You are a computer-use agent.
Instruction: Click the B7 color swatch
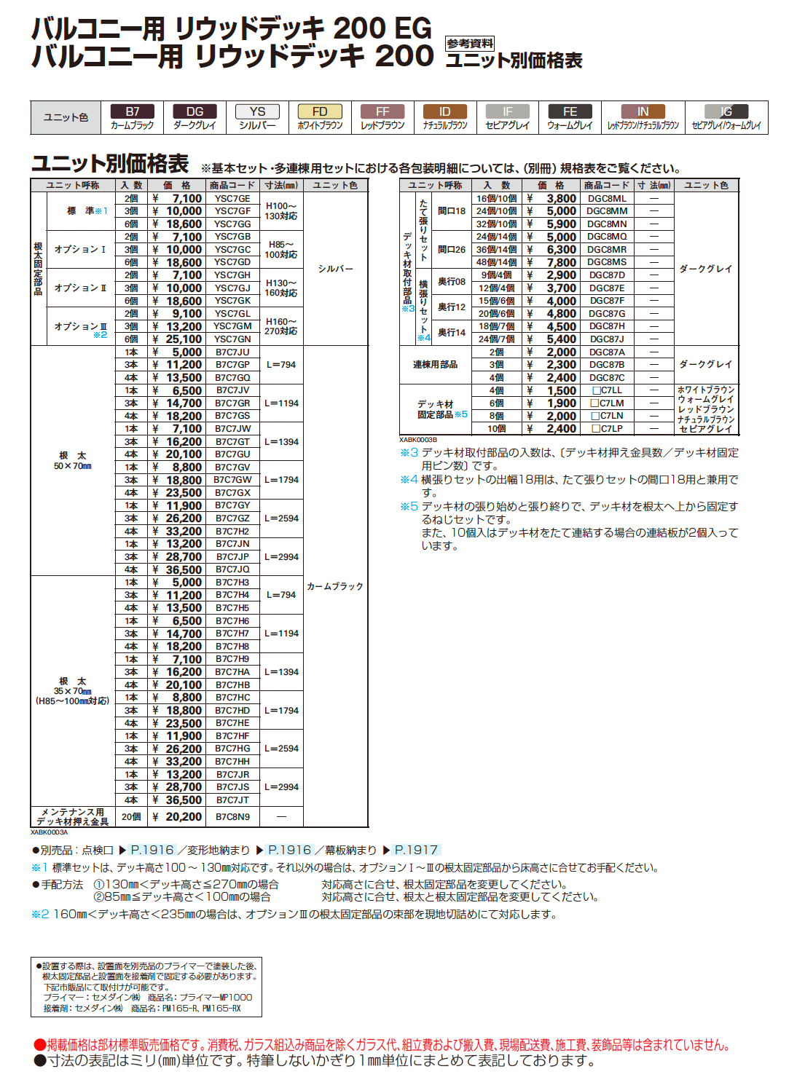[x=132, y=111]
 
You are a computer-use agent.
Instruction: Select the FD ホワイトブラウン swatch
[x=320, y=111]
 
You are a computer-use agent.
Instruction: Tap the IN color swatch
[x=643, y=111]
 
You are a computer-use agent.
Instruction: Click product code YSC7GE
[x=232, y=199]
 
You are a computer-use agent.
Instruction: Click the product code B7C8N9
[x=232, y=817]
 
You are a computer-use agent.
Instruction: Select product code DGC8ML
[x=607, y=199]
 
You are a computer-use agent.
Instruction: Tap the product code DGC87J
[x=607, y=339]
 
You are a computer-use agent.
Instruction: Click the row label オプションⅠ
[x=80, y=250]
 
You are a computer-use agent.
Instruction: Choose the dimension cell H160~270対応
[x=281, y=326]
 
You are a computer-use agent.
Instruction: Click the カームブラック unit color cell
[x=335, y=586]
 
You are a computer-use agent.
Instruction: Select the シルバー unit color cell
[x=335, y=269]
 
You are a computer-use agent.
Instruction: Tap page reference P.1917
[x=416, y=850]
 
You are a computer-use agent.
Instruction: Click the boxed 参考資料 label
[x=470, y=44]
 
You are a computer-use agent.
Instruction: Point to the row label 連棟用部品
[x=435, y=365]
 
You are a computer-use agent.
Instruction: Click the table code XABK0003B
[x=418, y=440]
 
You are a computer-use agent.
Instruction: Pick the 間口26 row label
[x=451, y=250]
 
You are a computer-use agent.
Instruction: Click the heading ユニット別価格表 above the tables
[x=110, y=163]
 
